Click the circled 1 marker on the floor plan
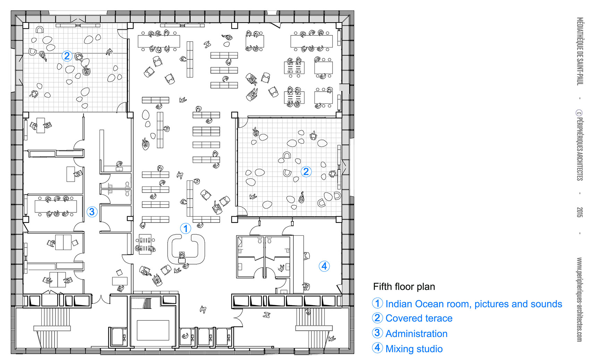186,228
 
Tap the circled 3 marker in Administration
92,212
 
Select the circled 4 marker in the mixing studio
324,266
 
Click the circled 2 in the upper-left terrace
67,56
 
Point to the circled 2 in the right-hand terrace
306,171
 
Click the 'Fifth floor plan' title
404,286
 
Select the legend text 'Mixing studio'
414,349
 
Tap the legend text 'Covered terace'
419,318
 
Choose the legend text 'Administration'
416,334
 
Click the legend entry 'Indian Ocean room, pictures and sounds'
474,304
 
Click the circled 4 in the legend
377,348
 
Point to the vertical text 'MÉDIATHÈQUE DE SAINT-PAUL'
580,51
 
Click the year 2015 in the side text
580,212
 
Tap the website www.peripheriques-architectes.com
580,300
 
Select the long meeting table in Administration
56,206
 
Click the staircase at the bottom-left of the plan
52,328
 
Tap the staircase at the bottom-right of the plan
314,328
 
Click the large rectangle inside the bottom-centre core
153,330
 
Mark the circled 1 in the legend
377,303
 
